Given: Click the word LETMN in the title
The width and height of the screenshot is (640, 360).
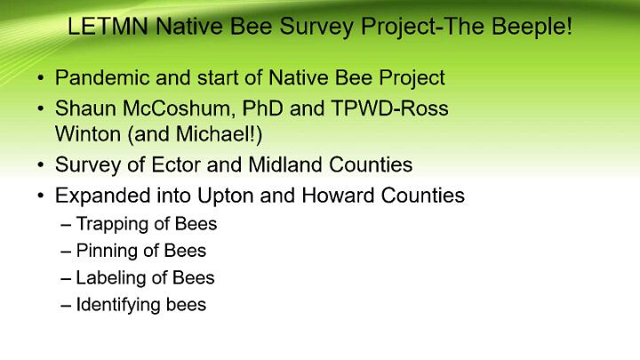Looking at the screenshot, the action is click(x=108, y=26).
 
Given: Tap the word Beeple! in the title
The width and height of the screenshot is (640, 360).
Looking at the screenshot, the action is click(x=532, y=27).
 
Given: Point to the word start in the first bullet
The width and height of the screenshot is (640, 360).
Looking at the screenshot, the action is click(x=218, y=78).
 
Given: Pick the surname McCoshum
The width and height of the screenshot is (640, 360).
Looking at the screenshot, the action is click(x=178, y=108).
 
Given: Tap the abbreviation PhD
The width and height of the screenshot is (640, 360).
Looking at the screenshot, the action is click(x=262, y=108).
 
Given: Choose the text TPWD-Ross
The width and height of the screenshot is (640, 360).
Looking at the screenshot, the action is click(x=390, y=108).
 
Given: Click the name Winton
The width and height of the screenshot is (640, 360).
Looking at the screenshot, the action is click(x=88, y=134).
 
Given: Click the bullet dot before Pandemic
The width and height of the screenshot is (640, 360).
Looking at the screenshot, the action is click(x=40, y=77).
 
